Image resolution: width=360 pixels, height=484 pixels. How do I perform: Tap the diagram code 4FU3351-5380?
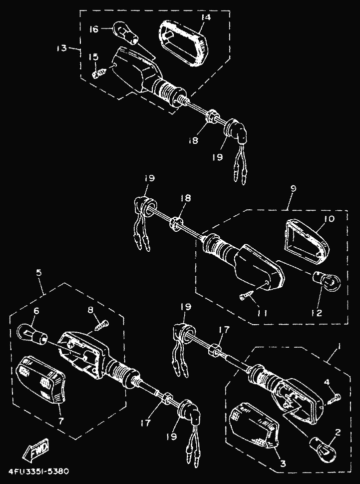click(38, 472)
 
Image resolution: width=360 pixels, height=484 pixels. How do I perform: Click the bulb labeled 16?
click(126, 32)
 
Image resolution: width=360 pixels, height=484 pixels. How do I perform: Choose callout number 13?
click(61, 48)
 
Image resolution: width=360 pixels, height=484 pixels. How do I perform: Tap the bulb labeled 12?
click(327, 280)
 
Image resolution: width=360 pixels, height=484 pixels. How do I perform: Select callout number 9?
click(294, 189)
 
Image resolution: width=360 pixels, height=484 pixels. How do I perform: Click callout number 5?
click(39, 273)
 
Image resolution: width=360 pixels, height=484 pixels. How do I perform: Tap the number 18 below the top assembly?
click(193, 140)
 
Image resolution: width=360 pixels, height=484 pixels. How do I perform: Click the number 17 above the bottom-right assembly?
click(224, 330)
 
